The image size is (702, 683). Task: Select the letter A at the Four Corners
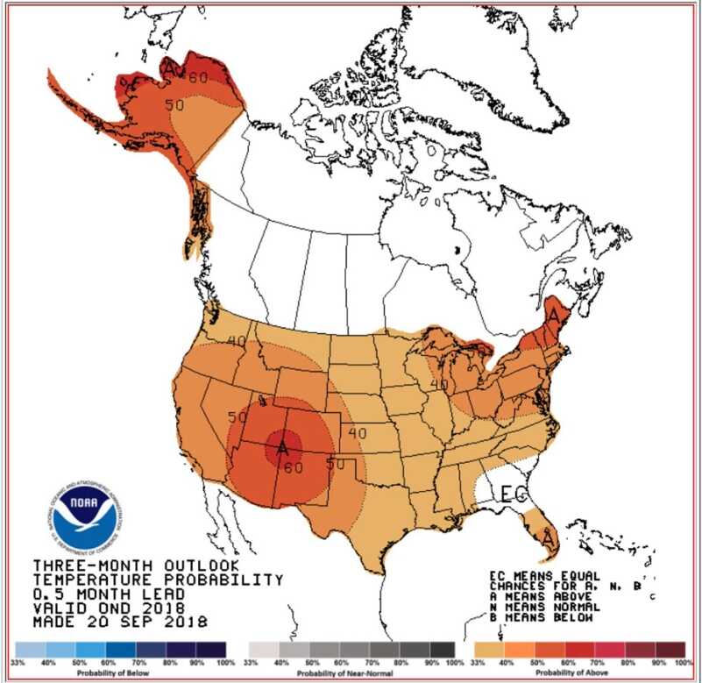coord(282,448)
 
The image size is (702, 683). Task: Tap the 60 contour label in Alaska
coord(198,77)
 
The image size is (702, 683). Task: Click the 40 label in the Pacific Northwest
coord(236,341)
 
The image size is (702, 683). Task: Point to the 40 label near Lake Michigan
coord(439,383)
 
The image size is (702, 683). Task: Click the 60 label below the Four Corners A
coord(293,467)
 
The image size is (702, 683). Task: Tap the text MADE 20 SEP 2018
coord(120,623)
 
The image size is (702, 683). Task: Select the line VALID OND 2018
coord(108,608)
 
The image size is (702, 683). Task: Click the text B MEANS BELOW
coord(544,618)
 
